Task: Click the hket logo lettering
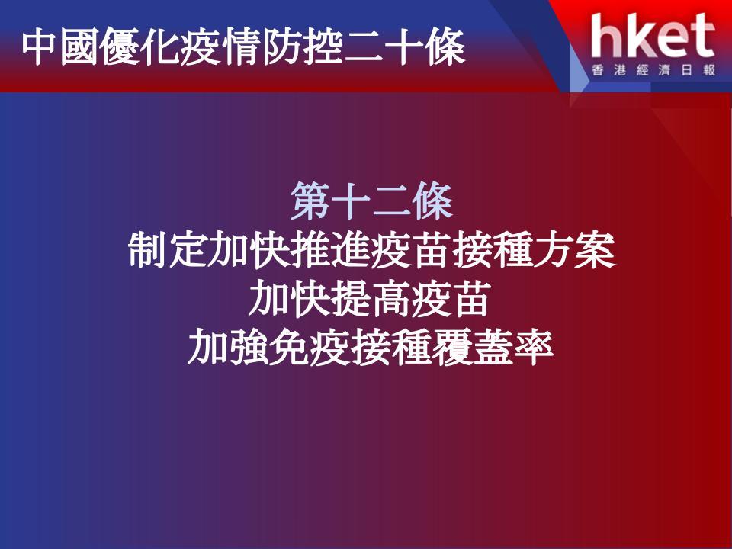(x=653, y=36)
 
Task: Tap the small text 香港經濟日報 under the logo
(x=653, y=70)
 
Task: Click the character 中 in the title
(x=39, y=47)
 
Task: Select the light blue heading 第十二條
(x=371, y=201)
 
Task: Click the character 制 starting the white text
(x=147, y=250)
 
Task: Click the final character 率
(x=534, y=348)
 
